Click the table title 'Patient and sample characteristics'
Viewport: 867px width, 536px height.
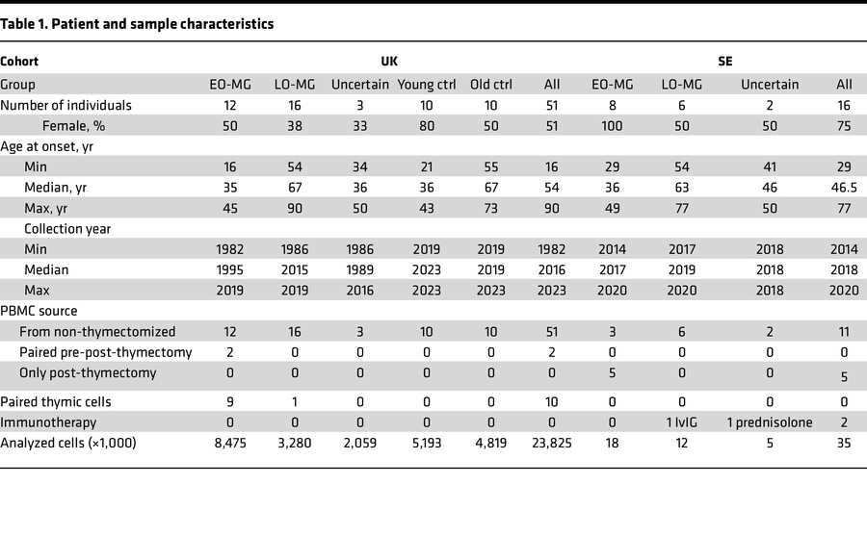click(x=137, y=24)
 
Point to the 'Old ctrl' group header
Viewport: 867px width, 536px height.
click(x=489, y=84)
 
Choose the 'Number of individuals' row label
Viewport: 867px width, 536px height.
click(x=66, y=105)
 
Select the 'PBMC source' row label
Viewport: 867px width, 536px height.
click(x=39, y=311)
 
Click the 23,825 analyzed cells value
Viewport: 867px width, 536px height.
click(x=558, y=443)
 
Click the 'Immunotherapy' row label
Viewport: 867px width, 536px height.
click(x=48, y=421)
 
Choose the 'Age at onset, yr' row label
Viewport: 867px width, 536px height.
click(x=47, y=146)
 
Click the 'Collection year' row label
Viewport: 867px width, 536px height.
click(x=67, y=229)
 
